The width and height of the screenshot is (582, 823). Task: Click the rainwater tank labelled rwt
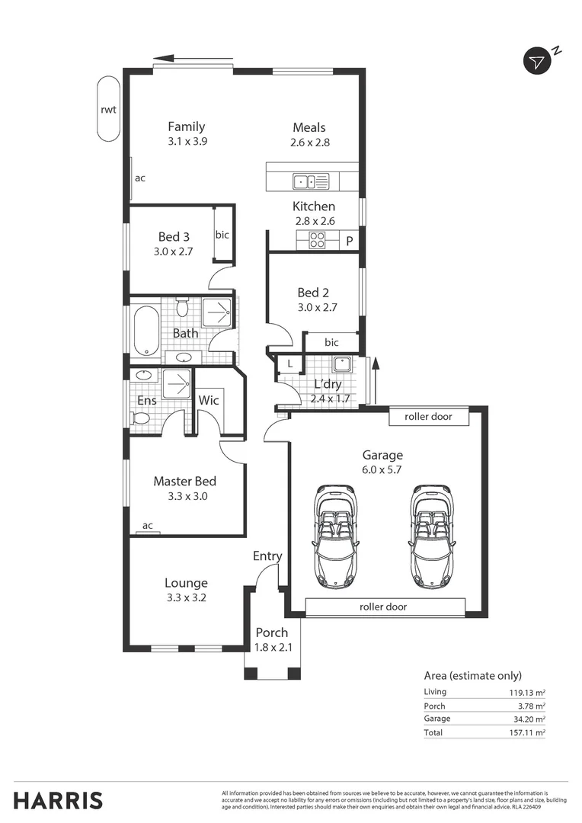(x=109, y=109)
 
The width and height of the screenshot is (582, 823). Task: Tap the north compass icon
(x=537, y=62)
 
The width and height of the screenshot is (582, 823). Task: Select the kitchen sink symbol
(x=311, y=181)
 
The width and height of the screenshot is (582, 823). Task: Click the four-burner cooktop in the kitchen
(x=316, y=240)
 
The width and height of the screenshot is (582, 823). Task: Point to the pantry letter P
(x=350, y=242)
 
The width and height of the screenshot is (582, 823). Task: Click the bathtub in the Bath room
(x=146, y=331)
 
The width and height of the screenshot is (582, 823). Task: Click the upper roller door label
(x=428, y=417)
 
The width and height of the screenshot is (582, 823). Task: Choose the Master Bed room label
(x=184, y=482)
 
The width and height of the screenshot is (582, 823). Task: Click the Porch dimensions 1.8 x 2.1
(x=273, y=648)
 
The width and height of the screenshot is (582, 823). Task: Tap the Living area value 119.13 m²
(x=527, y=692)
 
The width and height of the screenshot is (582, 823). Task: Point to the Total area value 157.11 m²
(x=527, y=733)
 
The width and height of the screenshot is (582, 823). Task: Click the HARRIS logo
(x=58, y=801)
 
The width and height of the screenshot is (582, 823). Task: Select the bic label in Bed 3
(x=222, y=235)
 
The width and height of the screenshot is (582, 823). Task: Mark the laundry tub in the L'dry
(x=342, y=364)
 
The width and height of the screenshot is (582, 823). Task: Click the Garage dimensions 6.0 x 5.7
(x=382, y=469)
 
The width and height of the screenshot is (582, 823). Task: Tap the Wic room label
(x=208, y=400)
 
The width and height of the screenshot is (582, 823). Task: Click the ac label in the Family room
(x=140, y=178)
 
